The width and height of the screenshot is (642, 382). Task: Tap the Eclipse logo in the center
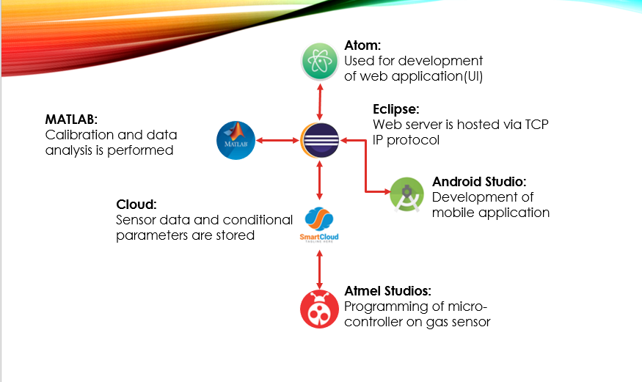coord(320,139)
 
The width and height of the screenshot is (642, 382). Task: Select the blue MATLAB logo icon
coord(236,139)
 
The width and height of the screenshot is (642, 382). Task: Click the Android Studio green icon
coord(408,194)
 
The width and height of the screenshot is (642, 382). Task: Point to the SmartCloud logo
coord(319,224)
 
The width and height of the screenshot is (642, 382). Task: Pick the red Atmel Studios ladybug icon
coord(319,309)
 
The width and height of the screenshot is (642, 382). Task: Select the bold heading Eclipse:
coord(396,110)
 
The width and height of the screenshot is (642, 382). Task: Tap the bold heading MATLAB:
coord(71,120)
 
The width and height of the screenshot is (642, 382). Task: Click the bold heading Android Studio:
coord(480,181)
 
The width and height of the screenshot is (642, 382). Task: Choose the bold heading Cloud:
coord(137,203)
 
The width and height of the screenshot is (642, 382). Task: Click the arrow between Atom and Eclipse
coord(320,100)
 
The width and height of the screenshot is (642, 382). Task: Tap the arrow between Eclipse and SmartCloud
coord(320,181)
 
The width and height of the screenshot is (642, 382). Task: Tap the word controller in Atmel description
coord(375,321)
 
